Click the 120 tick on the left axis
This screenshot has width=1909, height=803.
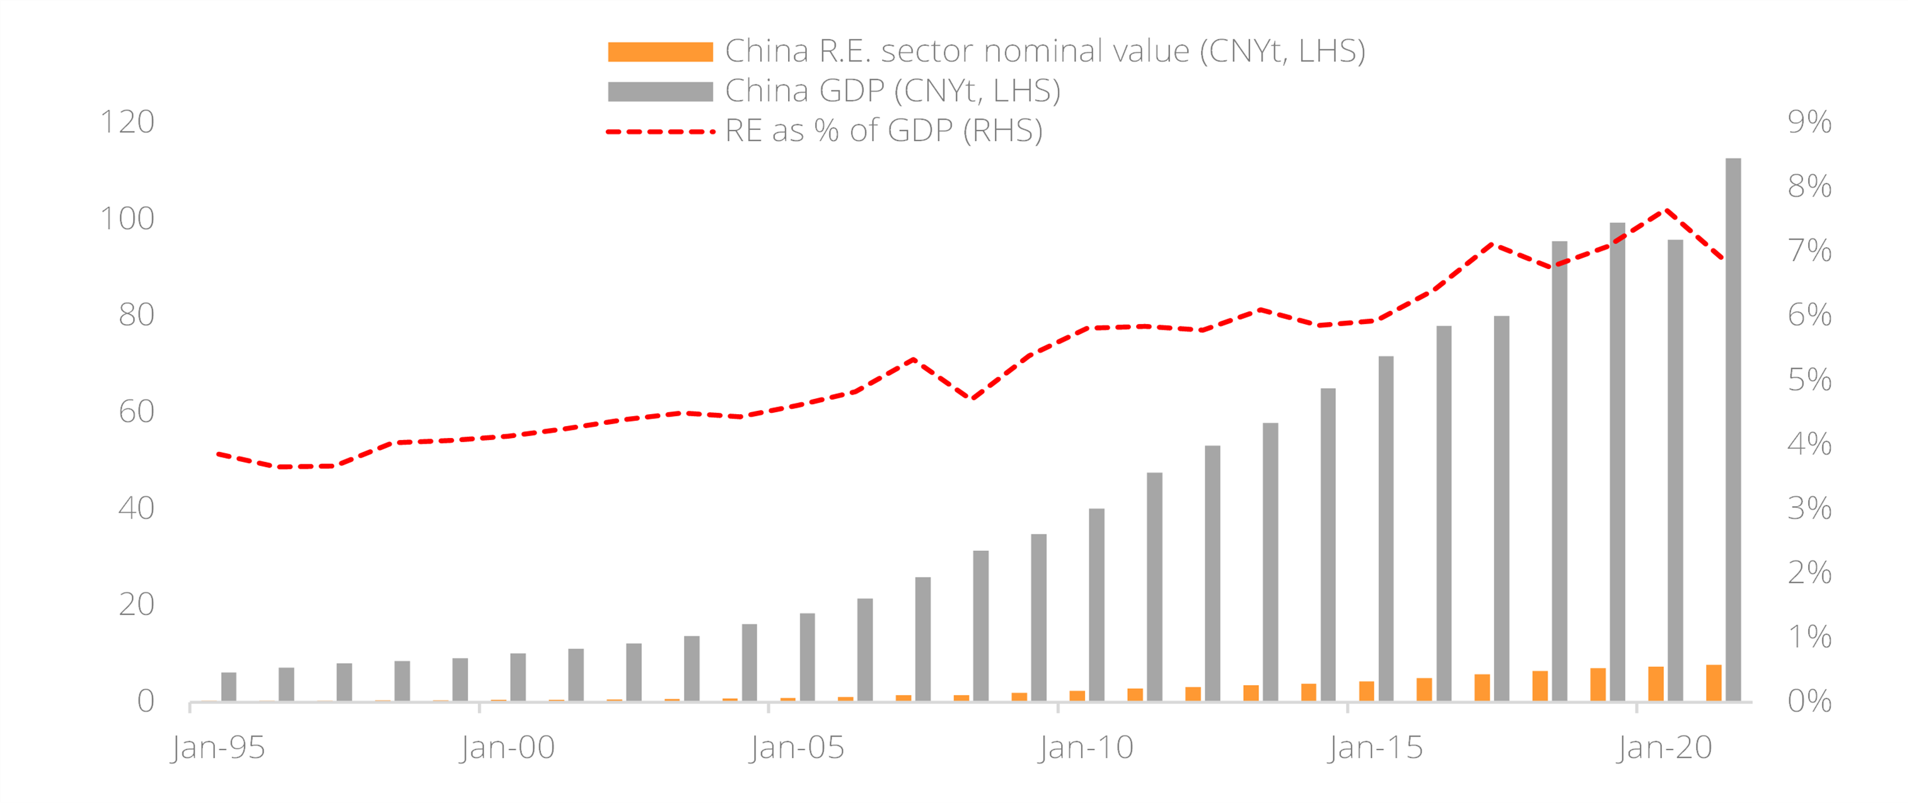(127, 122)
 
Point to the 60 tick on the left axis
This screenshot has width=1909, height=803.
(136, 412)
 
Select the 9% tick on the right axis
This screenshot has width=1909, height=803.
(1809, 122)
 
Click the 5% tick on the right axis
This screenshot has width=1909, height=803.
(1809, 380)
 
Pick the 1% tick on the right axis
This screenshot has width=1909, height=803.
(1809, 637)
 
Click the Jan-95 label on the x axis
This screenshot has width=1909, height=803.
(218, 748)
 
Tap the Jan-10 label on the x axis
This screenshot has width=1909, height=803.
(1086, 748)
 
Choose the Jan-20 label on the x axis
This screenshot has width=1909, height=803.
(1664, 748)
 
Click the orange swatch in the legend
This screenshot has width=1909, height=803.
(659, 52)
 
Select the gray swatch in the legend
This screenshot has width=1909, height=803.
(659, 91)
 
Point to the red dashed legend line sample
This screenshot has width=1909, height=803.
(659, 132)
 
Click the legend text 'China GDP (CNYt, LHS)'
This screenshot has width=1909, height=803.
(892, 91)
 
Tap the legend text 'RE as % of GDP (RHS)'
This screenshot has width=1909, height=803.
(883, 131)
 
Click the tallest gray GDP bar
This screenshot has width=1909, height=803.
(1732, 430)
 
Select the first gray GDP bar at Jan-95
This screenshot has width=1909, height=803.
(229, 686)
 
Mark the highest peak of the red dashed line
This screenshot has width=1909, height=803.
(1666, 211)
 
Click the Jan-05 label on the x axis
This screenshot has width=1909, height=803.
(797, 748)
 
